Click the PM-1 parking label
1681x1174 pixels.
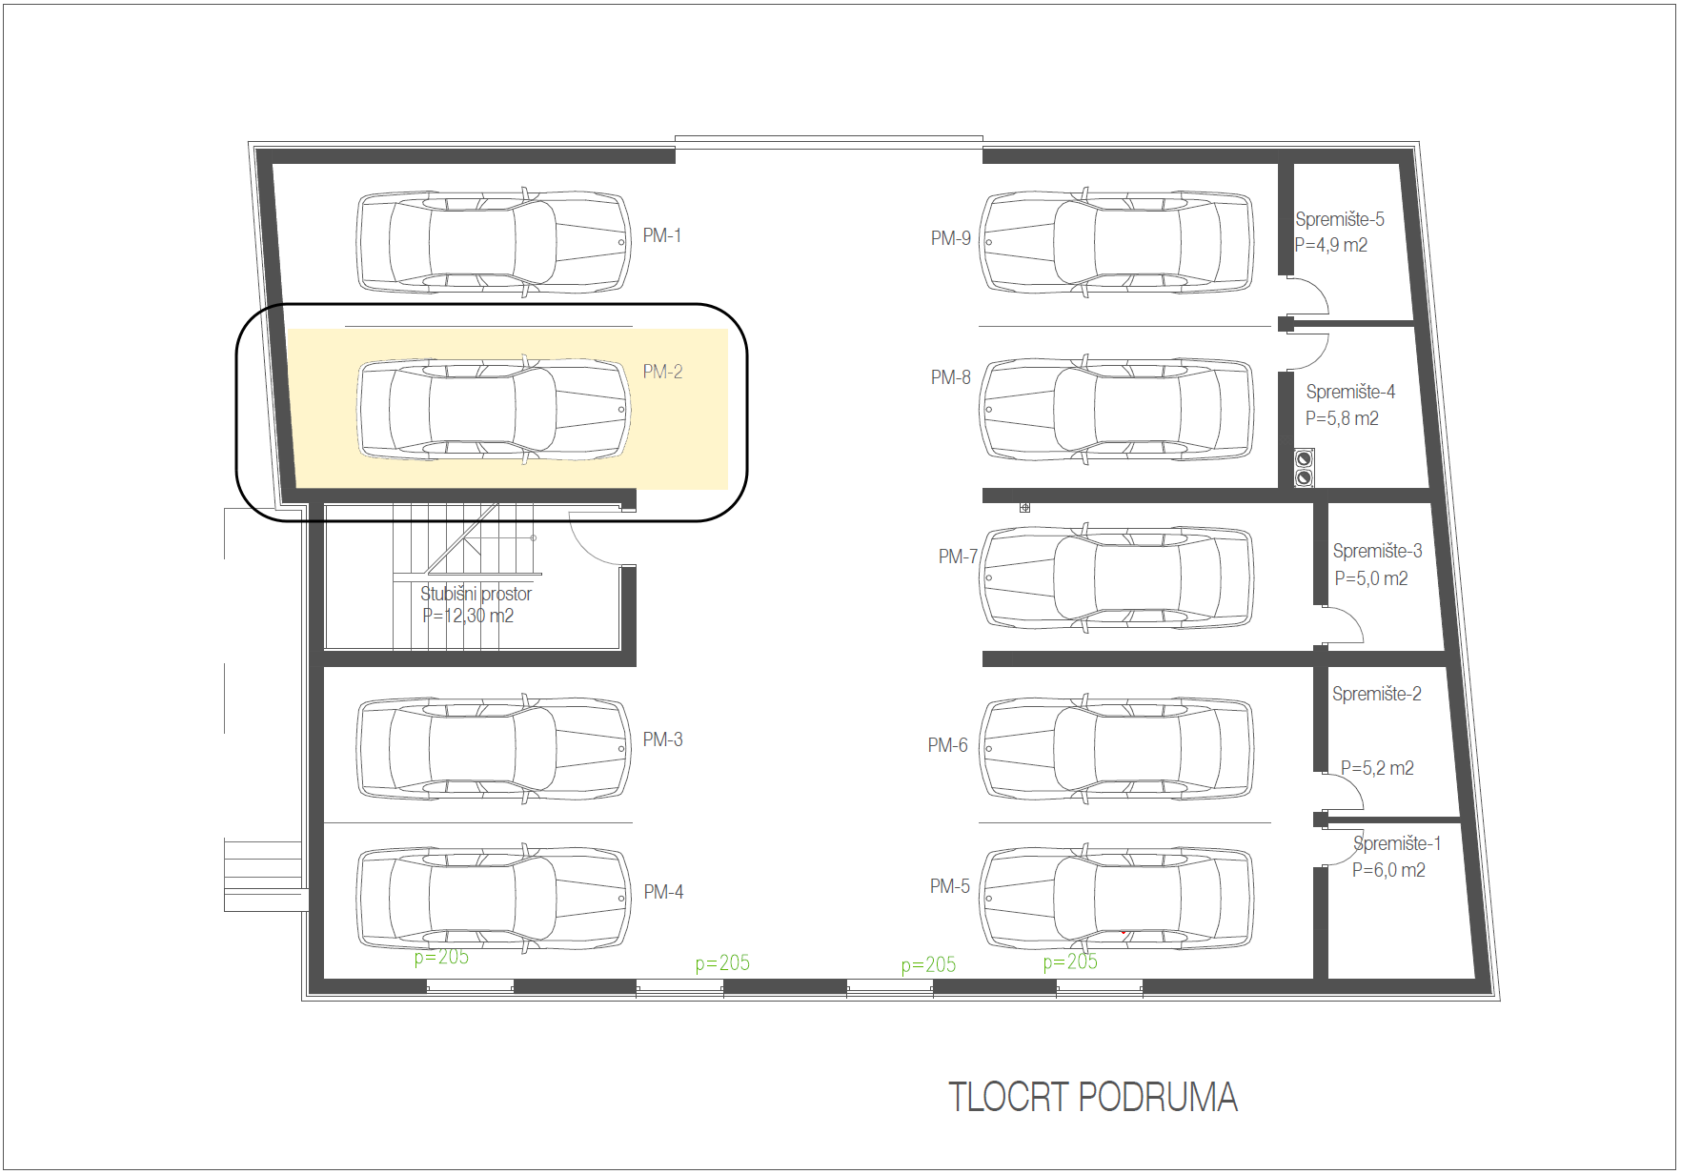click(661, 235)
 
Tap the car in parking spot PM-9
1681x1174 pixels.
click(1117, 242)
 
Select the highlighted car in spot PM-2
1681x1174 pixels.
click(493, 410)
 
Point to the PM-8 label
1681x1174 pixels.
click(950, 377)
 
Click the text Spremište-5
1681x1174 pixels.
click(1339, 219)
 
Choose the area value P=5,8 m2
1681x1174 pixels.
click(1342, 418)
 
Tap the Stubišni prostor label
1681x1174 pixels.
click(476, 594)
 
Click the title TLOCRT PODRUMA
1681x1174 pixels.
click(1092, 1097)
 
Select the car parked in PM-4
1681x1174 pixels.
click(493, 898)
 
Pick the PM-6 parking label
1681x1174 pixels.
click(947, 745)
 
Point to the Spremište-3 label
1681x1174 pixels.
click(1377, 551)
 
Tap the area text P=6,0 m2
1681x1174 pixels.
click(1388, 870)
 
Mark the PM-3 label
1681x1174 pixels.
click(662, 739)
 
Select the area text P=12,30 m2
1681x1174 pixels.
click(468, 616)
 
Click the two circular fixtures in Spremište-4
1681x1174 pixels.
click(1304, 468)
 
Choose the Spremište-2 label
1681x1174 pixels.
click(1376, 694)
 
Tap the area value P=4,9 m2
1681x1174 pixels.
click(1330, 245)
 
